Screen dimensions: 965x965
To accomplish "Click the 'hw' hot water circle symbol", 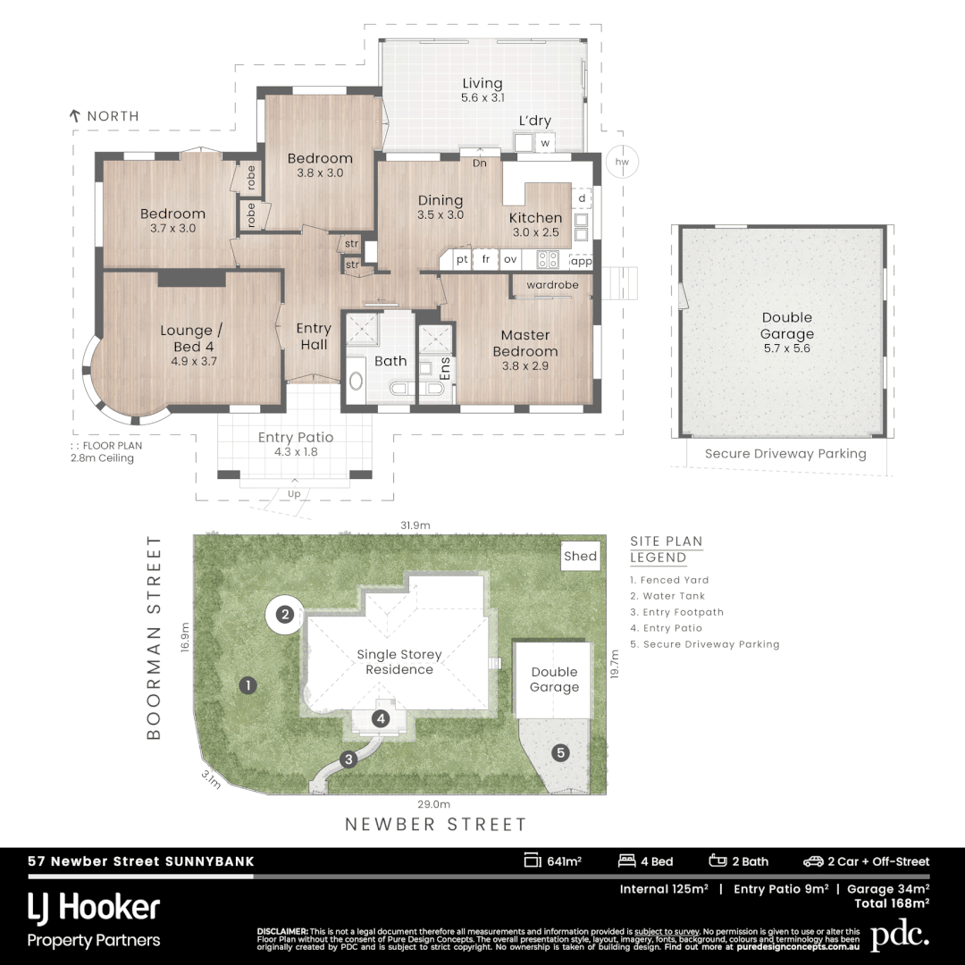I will [622, 162].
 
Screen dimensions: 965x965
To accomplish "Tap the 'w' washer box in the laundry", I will [545, 142].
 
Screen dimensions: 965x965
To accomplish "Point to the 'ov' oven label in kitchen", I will [510, 260].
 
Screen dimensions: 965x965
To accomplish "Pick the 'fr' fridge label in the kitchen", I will [486, 260].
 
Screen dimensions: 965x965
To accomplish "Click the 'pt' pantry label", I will [462, 260].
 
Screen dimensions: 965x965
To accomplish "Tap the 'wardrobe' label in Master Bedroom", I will [552, 285].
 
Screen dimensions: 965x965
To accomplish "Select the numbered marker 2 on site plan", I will [284, 615].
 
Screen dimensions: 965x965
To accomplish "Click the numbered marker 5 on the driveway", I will [560, 752].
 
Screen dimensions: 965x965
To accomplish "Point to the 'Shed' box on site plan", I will [580, 557].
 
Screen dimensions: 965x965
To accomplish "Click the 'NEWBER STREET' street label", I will [436, 825].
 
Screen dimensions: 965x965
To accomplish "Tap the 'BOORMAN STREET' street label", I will [155, 638].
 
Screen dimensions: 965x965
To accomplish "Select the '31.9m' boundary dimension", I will [415, 525].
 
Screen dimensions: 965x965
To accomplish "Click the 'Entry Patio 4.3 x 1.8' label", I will [296, 444].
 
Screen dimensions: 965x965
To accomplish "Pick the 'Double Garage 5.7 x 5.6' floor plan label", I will [787, 332].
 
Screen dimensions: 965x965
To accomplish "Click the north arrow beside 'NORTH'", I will [76, 115].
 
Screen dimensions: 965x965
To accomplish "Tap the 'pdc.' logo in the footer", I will [900, 936].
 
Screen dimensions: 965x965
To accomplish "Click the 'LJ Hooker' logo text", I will [94, 909].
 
